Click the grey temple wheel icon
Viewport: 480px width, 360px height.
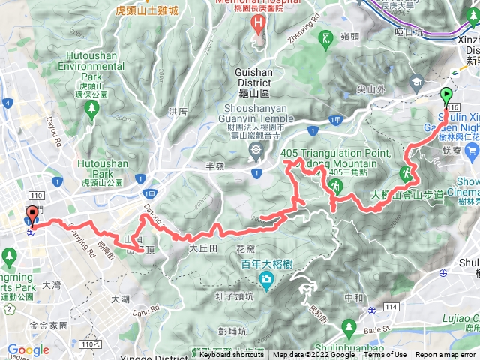pos(256,151)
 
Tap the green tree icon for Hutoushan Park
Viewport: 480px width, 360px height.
pos(91,109)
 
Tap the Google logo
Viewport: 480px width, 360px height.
pos(28,350)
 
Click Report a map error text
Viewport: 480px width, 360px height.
pos(446,355)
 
